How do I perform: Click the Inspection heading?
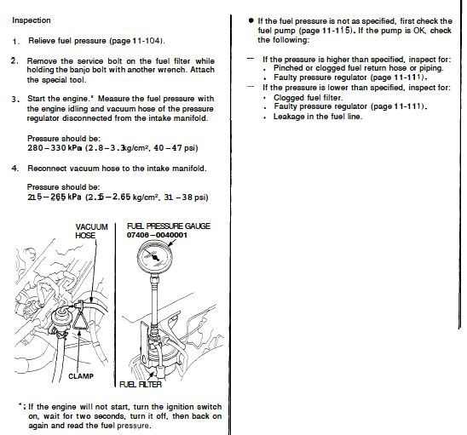click(32, 20)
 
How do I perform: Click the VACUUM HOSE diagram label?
click(91, 232)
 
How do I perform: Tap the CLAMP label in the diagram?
click(81, 376)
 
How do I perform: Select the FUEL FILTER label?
click(141, 384)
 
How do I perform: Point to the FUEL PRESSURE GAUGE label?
click(169, 226)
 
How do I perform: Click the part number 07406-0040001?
click(157, 235)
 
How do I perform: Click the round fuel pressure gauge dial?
click(155, 257)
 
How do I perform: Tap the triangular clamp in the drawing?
click(80, 319)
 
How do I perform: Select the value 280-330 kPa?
click(55, 147)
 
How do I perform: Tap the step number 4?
click(15, 169)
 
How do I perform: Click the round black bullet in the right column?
click(251, 20)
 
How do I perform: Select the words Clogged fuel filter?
click(308, 98)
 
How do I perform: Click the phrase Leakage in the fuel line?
click(318, 117)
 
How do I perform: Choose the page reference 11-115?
click(336, 31)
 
